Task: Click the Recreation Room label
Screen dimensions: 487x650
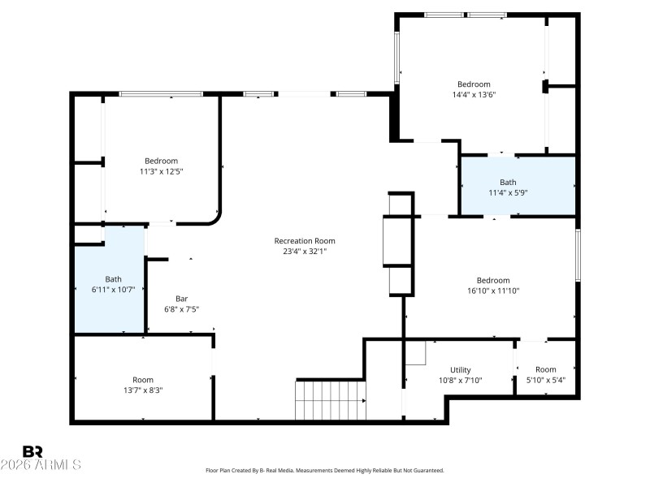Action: coord(305,241)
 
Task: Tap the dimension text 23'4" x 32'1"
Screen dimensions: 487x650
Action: coord(305,252)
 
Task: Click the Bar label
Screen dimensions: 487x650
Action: coord(182,298)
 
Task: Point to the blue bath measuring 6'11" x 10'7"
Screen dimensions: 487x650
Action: coord(110,284)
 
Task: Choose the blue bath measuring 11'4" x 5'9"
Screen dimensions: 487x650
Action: coord(518,187)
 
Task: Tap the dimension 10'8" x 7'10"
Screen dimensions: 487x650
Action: coord(461,381)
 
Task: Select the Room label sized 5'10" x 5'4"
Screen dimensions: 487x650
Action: coord(546,370)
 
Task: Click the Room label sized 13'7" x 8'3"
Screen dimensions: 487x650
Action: coord(143,380)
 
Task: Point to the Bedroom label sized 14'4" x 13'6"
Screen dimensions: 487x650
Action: coord(474,84)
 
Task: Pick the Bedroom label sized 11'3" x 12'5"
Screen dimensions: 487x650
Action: coord(161,161)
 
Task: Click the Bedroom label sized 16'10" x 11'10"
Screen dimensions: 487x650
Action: coord(493,280)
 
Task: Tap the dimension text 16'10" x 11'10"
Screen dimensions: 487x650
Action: coord(493,291)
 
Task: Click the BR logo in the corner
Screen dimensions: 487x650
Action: coord(33,451)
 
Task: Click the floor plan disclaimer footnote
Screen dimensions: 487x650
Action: coord(325,471)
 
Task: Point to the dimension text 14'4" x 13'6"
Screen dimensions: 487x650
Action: coord(474,95)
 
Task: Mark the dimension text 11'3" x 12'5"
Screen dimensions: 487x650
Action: coord(161,171)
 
